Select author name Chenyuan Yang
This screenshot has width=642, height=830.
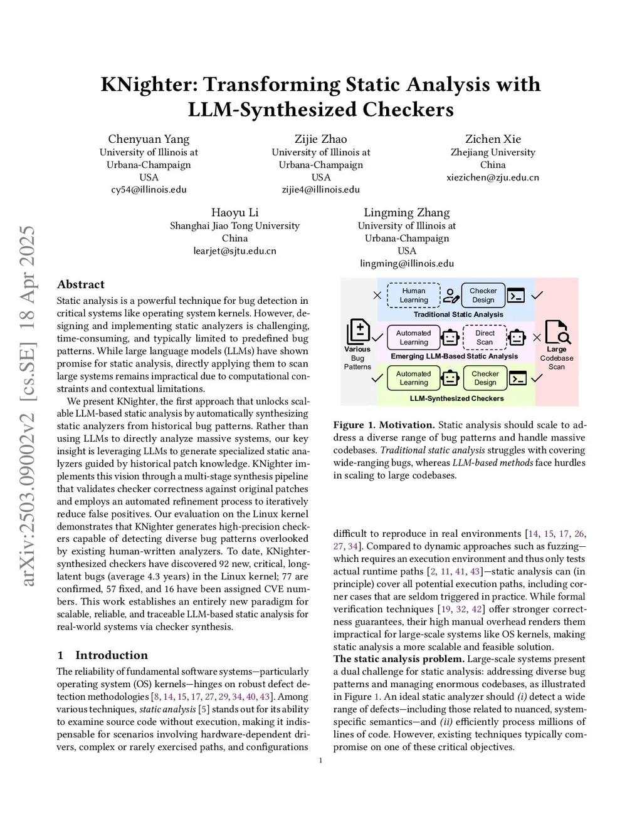[149, 139]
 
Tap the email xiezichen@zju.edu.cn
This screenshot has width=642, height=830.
[493, 177]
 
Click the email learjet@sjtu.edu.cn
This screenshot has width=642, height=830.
[234, 251]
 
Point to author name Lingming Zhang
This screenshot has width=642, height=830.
[407, 212]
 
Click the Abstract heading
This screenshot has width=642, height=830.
[80, 284]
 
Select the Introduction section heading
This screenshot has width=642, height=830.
[111, 655]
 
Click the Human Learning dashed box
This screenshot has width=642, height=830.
[414, 295]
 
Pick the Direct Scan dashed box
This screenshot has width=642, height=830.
[485, 338]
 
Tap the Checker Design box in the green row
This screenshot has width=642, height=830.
[485, 378]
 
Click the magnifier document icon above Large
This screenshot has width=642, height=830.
[556, 332]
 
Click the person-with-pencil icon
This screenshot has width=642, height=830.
[451, 295]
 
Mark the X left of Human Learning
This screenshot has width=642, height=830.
[377, 295]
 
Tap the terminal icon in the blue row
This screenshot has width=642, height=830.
[516, 295]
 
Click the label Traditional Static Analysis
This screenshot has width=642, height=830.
[458, 314]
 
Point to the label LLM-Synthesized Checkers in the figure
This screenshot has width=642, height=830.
[456, 398]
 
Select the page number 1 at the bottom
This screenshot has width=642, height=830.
[321, 761]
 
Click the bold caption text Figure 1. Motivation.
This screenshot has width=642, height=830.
[384, 425]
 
